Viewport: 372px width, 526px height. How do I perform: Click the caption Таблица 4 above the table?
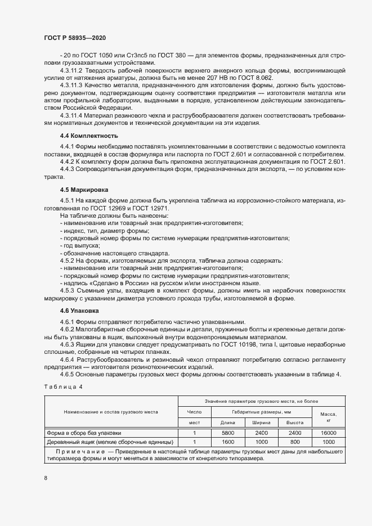tap(62, 386)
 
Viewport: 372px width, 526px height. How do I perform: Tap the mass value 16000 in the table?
tap(328, 433)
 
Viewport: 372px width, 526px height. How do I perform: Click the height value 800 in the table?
tap(295, 442)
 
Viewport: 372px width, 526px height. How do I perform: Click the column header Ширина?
tap(261, 422)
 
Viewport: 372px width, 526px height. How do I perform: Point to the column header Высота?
tap(295, 422)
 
